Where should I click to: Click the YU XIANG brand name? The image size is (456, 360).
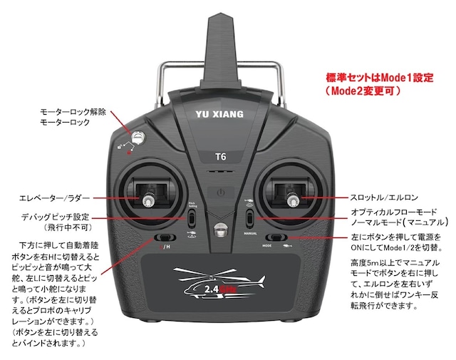click(219, 113)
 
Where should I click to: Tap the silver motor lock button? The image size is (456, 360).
click(138, 138)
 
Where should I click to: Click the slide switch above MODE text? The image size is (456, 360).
click(274, 237)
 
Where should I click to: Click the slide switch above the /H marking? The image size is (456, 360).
click(165, 237)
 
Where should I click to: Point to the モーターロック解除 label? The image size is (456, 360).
click(73, 111)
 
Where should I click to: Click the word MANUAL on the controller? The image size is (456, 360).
click(250, 232)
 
